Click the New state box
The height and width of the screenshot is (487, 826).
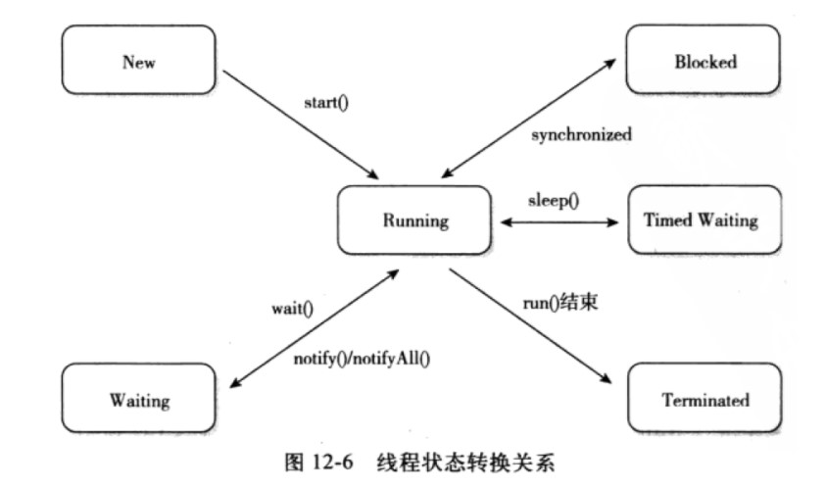[138, 60]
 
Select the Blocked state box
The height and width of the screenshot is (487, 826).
[703, 59]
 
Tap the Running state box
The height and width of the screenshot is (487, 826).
[414, 220]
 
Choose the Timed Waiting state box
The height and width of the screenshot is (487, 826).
[705, 219]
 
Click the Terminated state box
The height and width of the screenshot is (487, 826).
[705, 398]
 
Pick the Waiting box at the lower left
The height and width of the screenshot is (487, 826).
[138, 398]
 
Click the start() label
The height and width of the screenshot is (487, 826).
[326, 102]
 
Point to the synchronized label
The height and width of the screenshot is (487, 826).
[581, 134]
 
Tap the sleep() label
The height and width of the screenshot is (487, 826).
[554, 200]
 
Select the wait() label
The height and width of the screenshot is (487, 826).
[292, 309]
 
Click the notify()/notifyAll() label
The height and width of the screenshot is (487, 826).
[362, 359]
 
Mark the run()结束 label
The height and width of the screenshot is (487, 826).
[559, 303]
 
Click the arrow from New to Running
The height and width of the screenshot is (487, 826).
[301, 124]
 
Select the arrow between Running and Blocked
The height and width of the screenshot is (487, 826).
[529, 118]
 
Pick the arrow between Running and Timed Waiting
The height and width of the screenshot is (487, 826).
[559, 222]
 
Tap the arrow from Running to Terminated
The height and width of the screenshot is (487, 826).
[530, 325]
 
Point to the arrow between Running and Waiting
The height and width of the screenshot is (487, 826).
[315, 328]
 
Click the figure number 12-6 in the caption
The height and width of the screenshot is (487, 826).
[332, 463]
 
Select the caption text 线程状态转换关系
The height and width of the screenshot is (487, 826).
[465, 463]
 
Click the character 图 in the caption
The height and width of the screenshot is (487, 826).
[294, 463]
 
